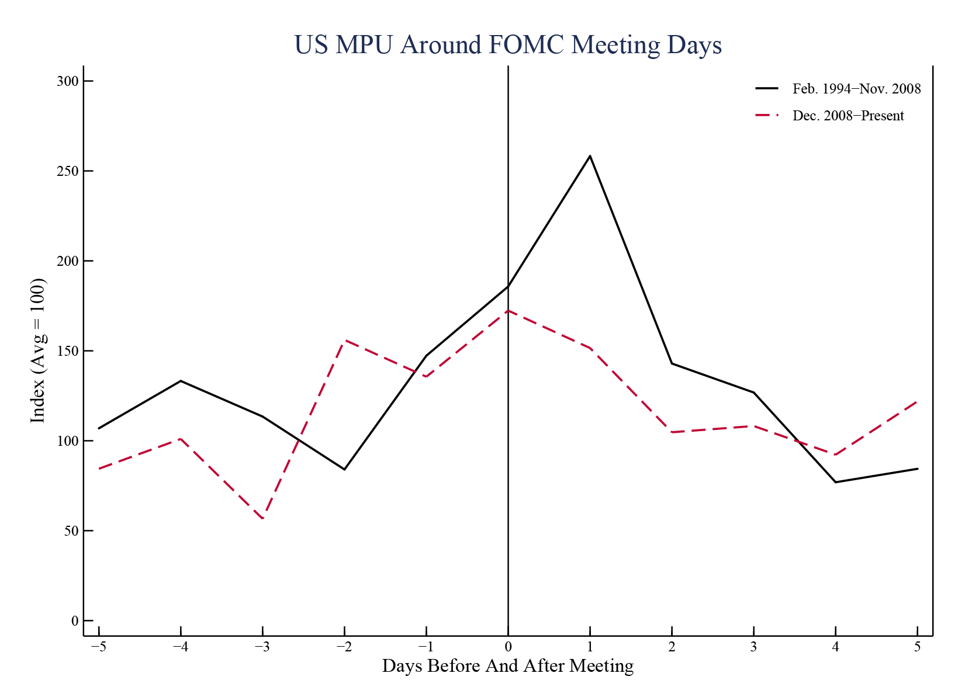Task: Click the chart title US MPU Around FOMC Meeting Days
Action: click(x=507, y=45)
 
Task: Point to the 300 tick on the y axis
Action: click(x=67, y=81)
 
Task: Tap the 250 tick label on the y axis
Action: click(x=67, y=171)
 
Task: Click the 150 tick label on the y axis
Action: click(x=67, y=351)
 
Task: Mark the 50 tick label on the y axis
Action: click(x=71, y=531)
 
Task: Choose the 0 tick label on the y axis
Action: click(x=75, y=621)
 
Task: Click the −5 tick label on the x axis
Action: click(x=99, y=647)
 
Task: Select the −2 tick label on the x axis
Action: click(x=344, y=647)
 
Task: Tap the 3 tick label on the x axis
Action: click(x=754, y=647)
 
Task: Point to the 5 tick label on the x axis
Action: click(x=918, y=647)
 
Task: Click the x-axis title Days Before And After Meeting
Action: click(x=507, y=666)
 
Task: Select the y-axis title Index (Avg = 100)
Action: click(x=38, y=351)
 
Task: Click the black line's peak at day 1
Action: click(x=590, y=156)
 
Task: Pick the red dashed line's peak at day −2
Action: click(x=345, y=340)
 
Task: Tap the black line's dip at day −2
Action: click(x=345, y=469)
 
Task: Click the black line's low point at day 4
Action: click(x=836, y=482)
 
